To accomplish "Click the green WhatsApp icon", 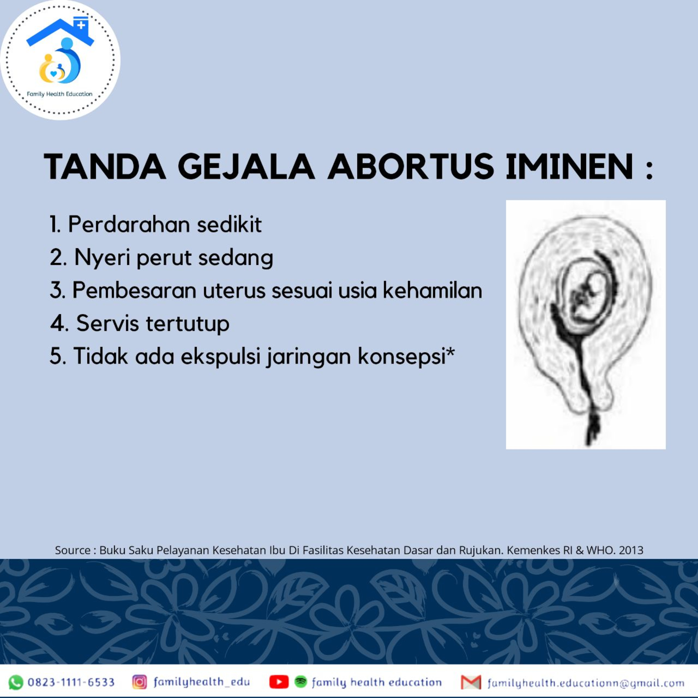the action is (16, 682).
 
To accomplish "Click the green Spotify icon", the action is (301, 681).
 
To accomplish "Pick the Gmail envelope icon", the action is (471, 682).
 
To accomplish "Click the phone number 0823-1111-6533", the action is (71, 682).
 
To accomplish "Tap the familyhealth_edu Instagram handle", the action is (201, 682).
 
